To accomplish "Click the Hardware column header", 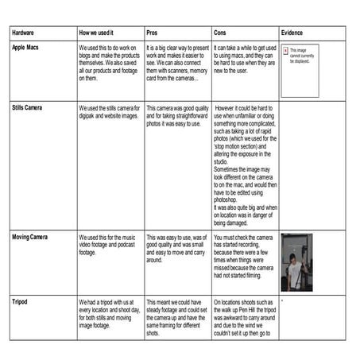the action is (x=24, y=34).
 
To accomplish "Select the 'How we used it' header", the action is (x=99, y=34).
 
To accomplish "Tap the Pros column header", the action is (x=152, y=34).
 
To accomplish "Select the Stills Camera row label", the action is (x=30, y=106).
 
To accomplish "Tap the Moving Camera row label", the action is (x=32, y=237).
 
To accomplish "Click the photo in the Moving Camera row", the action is (x=296, y=261).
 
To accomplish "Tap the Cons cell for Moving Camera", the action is (x=244, y=254).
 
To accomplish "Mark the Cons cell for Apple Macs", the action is (x=244, y=59).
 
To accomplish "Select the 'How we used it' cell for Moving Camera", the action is (x=110, y=245).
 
